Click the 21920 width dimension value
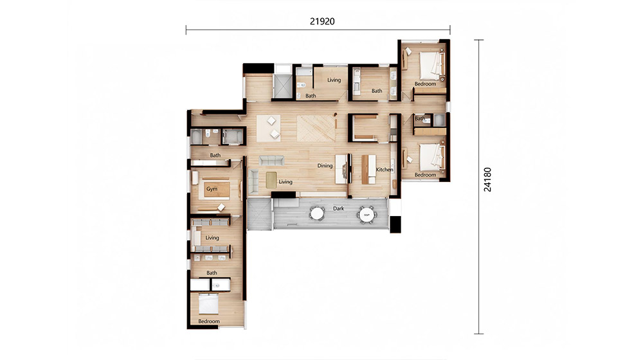click(322, 21)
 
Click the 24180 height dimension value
click(487, 179)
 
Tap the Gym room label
click(212, 189)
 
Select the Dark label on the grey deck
click(339, 208)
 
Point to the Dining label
click(325, 166)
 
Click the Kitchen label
click(385, 169)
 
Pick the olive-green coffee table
click(271, 180)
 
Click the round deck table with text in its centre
click(367, 214)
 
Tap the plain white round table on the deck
click(317, 213)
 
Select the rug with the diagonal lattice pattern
click(316, 129)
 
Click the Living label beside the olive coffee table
click(285, 182)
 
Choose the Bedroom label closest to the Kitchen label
click(425, 175)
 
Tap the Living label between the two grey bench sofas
click(212, 238)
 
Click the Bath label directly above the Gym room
click(215, 156)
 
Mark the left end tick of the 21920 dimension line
click(186, 30)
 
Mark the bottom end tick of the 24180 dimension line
click(479, 334)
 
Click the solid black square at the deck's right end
click(395, 224)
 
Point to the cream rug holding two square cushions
click(269, 129)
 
